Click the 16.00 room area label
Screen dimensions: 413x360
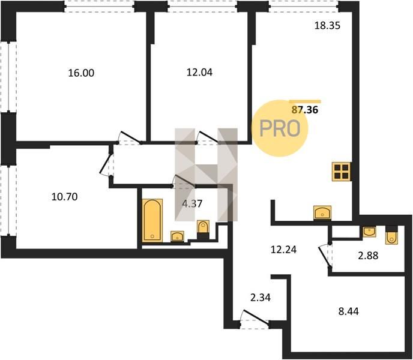81,73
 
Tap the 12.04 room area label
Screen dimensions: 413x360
199,72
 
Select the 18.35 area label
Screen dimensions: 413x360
327,26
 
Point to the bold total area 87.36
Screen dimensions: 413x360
305,110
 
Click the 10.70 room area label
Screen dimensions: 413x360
65,197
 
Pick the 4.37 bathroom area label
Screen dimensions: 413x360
192,203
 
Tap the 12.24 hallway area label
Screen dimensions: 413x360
284,250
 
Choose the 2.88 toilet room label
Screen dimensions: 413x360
368,255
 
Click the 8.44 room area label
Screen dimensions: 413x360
348,311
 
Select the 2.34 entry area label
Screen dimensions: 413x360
261,298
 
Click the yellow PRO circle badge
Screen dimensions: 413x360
280,128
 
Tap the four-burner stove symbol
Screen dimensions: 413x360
342,172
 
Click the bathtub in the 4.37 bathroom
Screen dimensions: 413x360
152,220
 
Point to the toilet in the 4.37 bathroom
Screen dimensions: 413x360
203,230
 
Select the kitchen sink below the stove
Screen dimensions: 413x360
322,212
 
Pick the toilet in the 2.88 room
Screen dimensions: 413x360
391,235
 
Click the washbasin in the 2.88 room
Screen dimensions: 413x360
369,232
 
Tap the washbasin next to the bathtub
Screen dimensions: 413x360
177,236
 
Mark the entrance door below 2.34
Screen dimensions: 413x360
255,319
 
